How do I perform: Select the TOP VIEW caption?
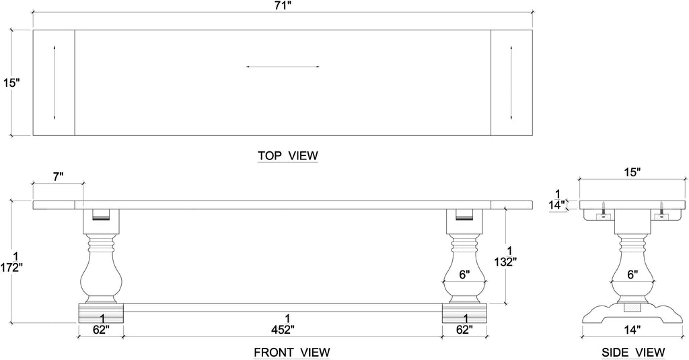click(288, 155)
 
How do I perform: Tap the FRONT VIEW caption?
click(292, 352)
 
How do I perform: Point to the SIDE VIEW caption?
click(633, 352)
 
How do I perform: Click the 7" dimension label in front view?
click(59, 177)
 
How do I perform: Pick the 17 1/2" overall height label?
click(11, 262)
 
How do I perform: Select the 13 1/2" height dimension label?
click(505, 256)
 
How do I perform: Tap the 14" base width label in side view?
click(632, 330)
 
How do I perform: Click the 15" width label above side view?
click(632, 172)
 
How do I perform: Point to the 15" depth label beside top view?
click(12, 83)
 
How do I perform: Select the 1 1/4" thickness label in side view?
click(556, 200)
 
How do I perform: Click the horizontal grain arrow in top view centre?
click(283, 67)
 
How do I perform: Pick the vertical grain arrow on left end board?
click(54, 82)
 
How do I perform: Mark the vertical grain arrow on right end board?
click(511, 82)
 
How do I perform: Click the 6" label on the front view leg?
click(464, 275)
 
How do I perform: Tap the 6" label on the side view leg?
click(632, 275)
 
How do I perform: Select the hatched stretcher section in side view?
click(632, 308)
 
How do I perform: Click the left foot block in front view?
click(101, 313)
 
